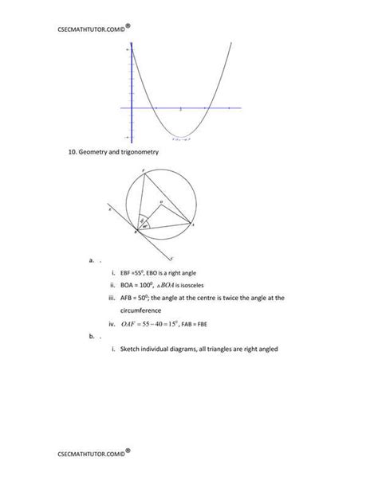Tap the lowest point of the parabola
[x=181, y=135]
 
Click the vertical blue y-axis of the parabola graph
[x=130, y=88]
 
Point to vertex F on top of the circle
[x=141, y=170]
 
